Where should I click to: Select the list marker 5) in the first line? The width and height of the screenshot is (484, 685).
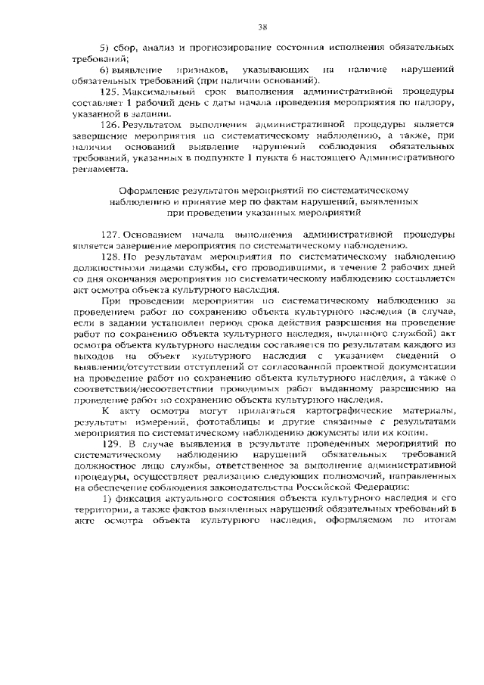106,47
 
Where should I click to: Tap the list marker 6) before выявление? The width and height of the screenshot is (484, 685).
106,69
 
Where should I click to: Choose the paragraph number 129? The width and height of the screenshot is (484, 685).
111,443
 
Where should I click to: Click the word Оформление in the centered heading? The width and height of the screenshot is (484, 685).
154,190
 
